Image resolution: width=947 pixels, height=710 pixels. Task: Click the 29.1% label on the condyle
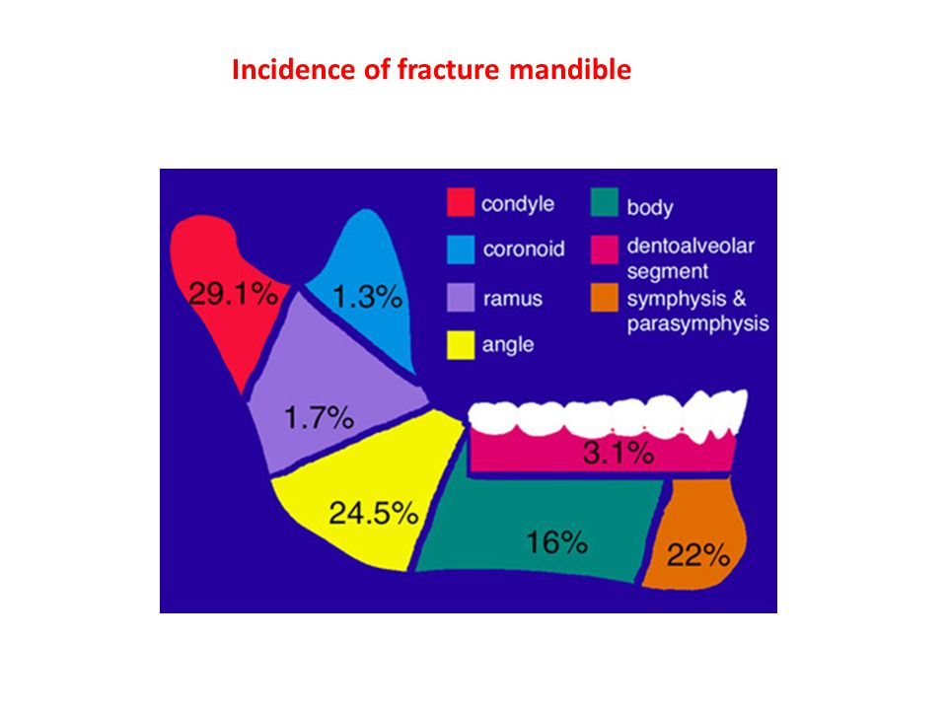[232, 296]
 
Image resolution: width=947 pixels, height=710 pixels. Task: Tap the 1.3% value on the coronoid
[366, 295]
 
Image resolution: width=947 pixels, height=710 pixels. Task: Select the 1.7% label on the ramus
[319, 418]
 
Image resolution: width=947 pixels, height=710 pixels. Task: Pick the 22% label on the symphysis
[697, 556]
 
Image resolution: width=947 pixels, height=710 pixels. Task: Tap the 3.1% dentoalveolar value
[619, 454]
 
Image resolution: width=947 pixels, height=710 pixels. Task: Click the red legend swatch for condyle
[459, 203]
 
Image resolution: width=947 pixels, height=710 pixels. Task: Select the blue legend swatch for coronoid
[459, 249]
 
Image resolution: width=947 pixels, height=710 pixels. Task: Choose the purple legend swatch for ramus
[459, 297]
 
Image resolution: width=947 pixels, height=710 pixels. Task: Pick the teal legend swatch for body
[603, 203]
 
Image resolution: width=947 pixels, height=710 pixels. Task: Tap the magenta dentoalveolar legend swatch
[603, 249]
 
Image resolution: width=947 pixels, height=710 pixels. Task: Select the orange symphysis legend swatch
[603, 297]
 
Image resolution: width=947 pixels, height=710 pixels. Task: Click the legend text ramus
[512, 298]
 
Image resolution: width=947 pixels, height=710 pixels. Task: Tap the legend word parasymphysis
[697, 323]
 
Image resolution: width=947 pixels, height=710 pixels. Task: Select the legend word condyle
[518, 204]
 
